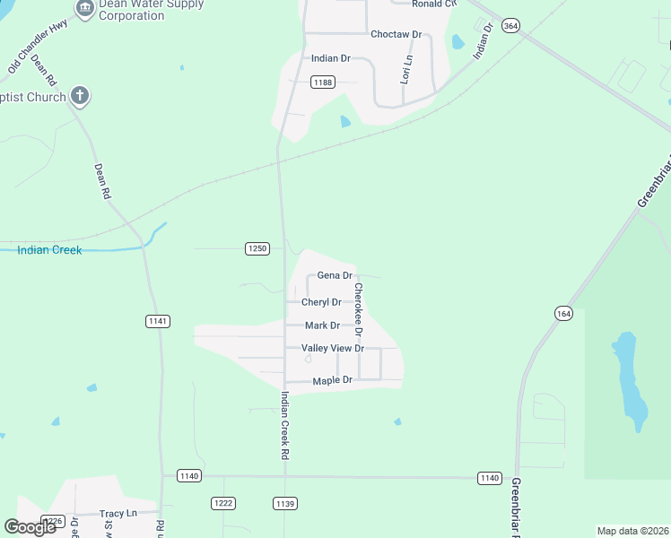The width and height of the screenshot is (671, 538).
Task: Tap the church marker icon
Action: tap(81, 96)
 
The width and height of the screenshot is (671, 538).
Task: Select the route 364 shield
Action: tap(510, 26)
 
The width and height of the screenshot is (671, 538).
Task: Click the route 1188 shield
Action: tap(323, 82)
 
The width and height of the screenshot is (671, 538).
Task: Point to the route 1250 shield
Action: tap(257, 248)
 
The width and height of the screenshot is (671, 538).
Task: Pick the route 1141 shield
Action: tap(157, 320)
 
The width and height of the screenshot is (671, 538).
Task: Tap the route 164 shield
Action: tap(563, 313)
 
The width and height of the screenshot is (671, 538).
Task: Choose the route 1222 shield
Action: tap(223, 503)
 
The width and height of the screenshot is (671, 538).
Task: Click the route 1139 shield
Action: tap(285, 504)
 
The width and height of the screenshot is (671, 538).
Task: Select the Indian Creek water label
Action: tap(49, 250)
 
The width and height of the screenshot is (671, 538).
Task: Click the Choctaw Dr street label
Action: tap(396, 34)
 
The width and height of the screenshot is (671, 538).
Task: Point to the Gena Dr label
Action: tap(335, 275)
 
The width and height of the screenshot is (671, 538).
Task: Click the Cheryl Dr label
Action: tap(321, 302)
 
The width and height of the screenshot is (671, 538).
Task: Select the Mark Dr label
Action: tap(322, 325)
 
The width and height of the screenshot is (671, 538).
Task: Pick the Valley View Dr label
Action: tap(333, 348)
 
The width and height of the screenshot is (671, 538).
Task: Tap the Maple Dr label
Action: tap(332, 381)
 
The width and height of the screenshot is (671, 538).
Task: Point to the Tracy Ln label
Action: tap(118, 514)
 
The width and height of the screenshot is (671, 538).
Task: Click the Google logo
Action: tap(30, 527)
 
